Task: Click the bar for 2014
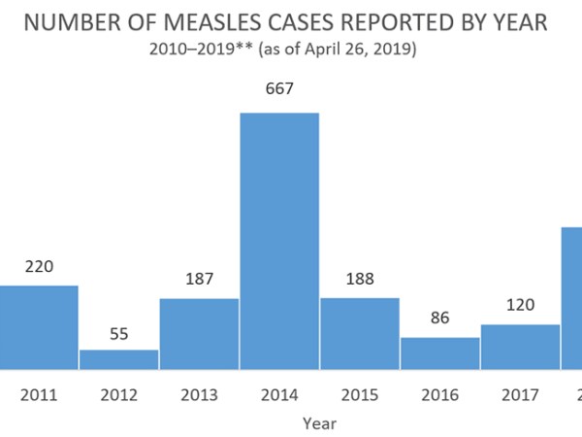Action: pos(279,241)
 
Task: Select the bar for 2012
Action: pos(118,359)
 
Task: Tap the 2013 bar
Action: pos(199,333)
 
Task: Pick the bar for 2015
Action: pos(359,333)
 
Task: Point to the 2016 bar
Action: pos(439,353)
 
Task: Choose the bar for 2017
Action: pos(520,347)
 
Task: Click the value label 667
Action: pos(279,89)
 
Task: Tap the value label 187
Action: pos(199,279)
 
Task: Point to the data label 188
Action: pos(359,279)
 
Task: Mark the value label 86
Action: pos(439,318)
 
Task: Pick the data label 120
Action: pos(520,305)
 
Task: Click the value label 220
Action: pos(39,266)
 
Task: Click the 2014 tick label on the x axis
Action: pos(279,395)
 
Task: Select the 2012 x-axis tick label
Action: pos(118,395)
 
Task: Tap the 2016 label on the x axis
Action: pos(439,395)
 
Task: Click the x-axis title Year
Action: pos(319,423)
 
